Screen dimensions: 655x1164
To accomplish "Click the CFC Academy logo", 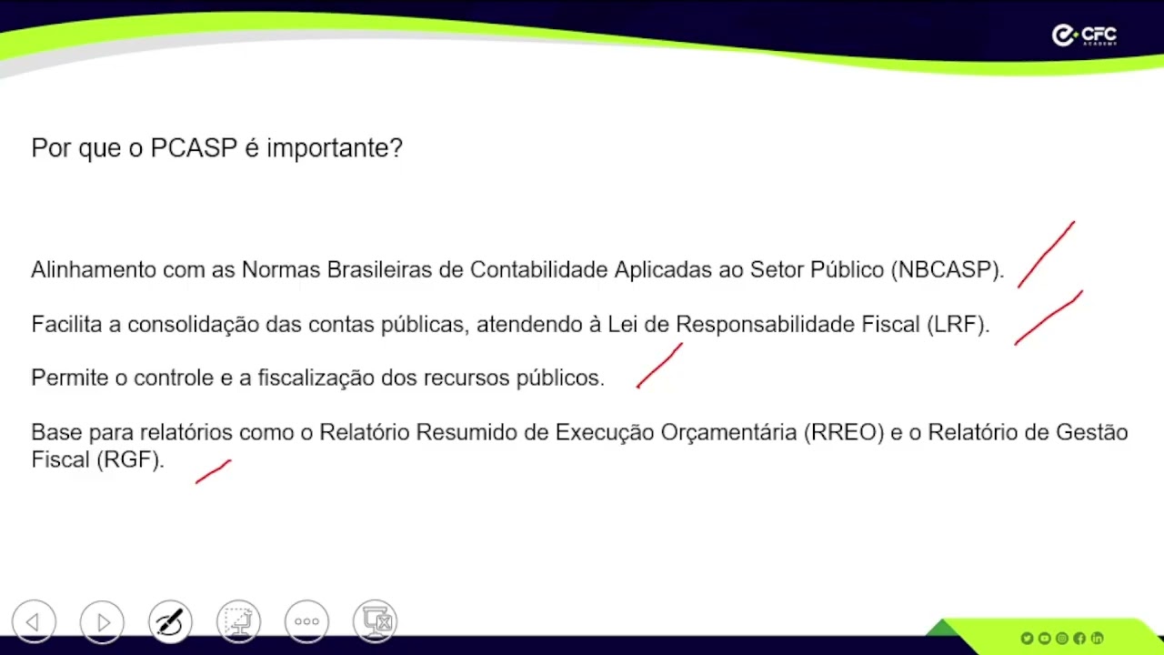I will tap(1084, 35).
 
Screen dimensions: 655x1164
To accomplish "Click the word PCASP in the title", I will tap(194, 148).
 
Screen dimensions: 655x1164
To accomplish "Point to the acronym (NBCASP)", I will tap(947, 270).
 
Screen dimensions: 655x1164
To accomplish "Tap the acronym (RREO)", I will tap(844, 432).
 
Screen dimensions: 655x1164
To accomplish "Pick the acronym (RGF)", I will tap(132, 459).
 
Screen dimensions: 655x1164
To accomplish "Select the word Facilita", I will tap(66, 325).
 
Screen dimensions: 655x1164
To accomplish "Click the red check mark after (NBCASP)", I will tap(1046, 255).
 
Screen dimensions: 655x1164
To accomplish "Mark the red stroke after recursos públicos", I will tap(659, 366).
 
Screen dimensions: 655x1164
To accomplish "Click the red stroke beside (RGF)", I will tap(213, 471).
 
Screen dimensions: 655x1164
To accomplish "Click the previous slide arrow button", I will tap(34, 622).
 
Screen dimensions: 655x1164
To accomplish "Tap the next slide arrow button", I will tap(102, 622).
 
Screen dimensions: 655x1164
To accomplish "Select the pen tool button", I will tap(170, 622).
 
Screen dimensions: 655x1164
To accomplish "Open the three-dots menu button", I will tap(306, 622).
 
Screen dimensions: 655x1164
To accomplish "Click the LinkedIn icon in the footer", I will tap(1097, 639).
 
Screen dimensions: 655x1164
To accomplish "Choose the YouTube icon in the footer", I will tap(1044, 639).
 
